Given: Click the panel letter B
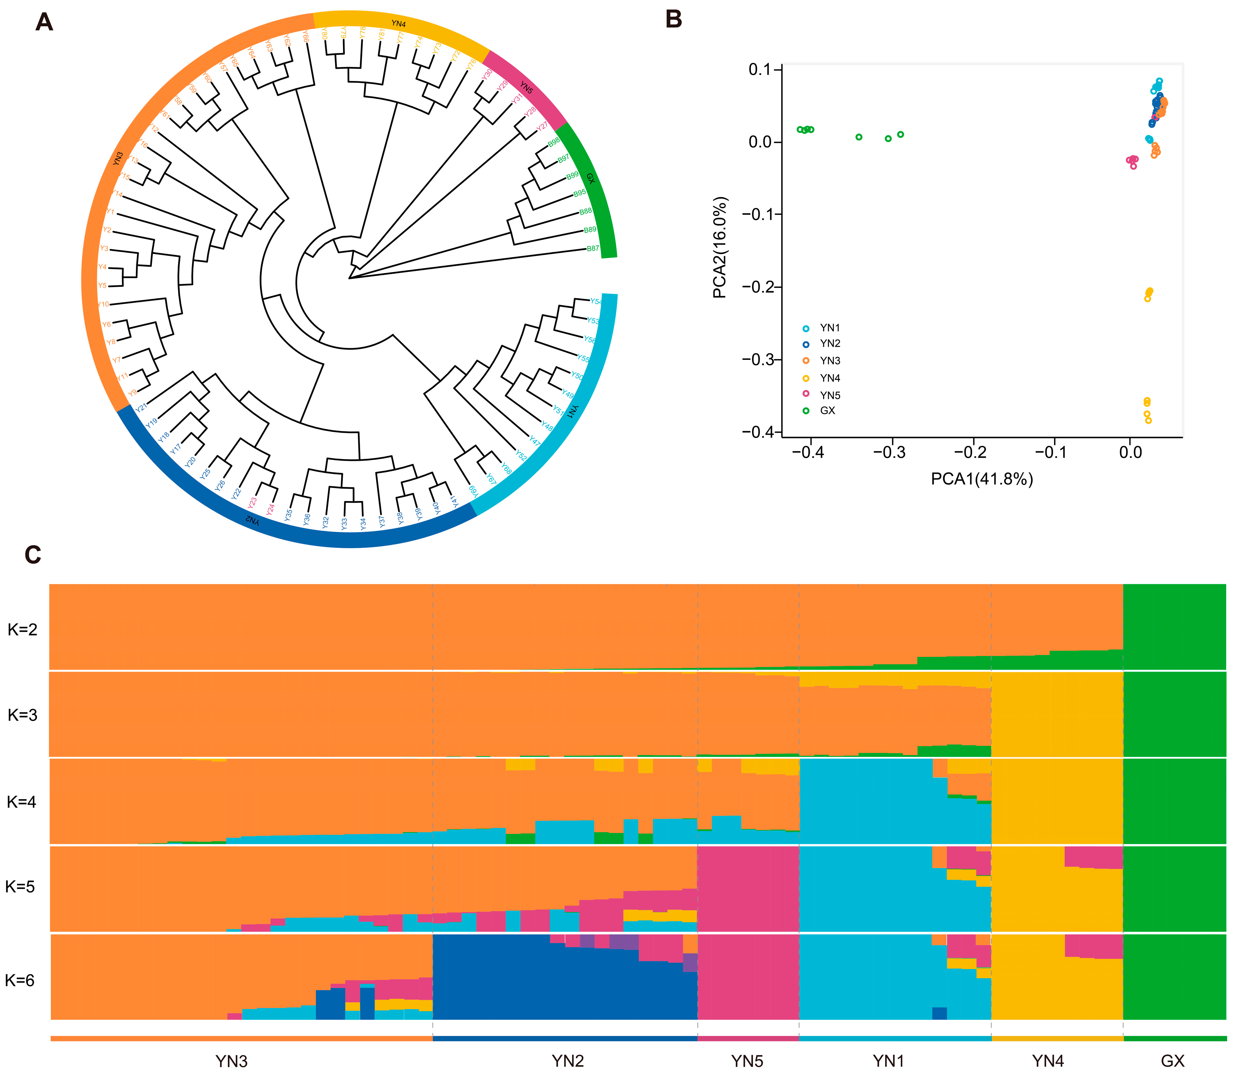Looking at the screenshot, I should click(674, 19).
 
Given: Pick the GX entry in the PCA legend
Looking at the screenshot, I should click(827, 411).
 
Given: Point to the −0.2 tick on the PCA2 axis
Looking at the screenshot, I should click(759, 287).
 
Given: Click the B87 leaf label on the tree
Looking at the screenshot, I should click(593, 248).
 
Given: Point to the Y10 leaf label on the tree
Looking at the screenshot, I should click(103, 304).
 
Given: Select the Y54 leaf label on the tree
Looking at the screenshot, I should click(595, 301).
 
